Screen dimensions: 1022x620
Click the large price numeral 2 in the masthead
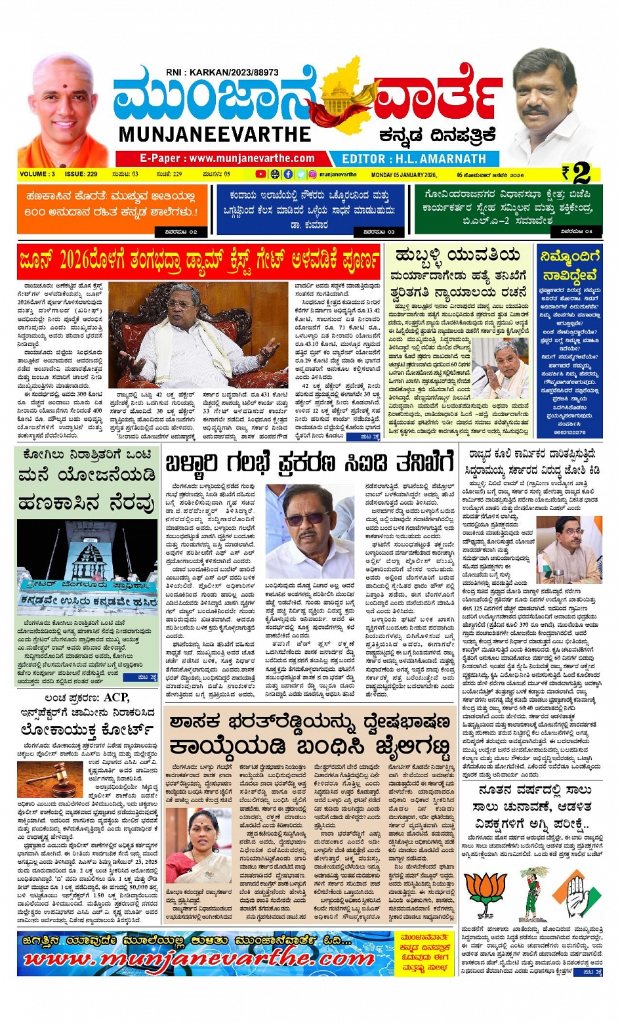[x=581, y=173]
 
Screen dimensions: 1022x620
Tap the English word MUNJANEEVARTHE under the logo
[x=215, y=135]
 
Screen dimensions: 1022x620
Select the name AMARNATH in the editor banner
[x=450, y=159]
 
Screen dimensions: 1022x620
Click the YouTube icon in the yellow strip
[x=260, y=175]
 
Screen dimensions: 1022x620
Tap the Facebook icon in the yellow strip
[x=288, y=175]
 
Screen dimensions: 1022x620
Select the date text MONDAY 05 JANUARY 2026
[x=403, y=175]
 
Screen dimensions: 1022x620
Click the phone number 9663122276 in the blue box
[x=568, y=433]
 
